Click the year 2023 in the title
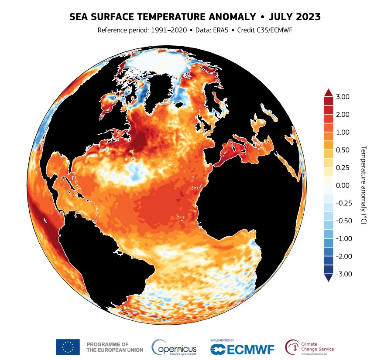click(309, 17)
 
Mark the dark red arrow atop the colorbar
click(329, 92)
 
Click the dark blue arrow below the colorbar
click(329, 278)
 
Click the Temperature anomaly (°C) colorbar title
click(363, 185)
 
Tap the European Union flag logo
click(68, 347)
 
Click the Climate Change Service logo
click(309, 347)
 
